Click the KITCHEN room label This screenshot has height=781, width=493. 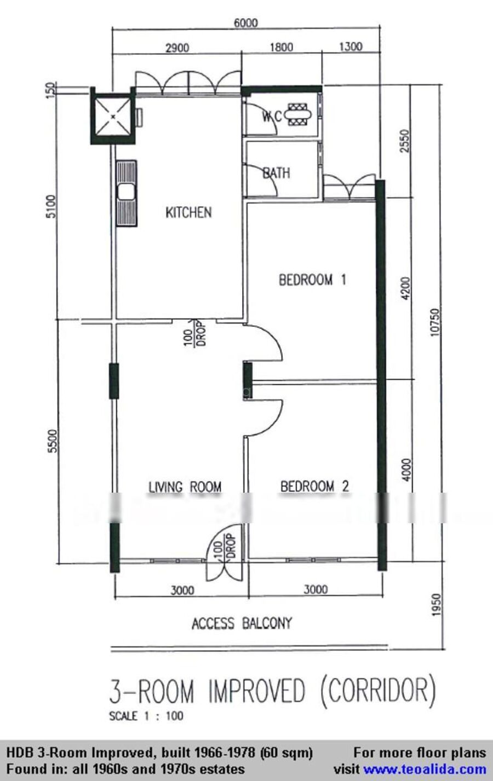point(188,212)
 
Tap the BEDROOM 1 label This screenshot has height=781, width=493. point(312,280)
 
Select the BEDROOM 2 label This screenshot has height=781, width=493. point(315,487)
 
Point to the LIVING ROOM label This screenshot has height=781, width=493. point(185,487)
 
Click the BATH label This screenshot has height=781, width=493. point(276,173)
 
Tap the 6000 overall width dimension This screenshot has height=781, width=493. point(245,23)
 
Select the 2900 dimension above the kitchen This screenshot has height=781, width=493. point(177,48)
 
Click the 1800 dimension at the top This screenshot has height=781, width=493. point(281,47)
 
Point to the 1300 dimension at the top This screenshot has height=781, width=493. point(351,47)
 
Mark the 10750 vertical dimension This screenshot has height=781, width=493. point(435,322)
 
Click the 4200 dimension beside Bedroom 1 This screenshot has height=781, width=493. point(406,288)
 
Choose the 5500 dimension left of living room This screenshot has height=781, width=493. point(53,441)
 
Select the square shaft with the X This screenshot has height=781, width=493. point(113,116)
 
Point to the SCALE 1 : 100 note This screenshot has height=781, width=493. point(146,716)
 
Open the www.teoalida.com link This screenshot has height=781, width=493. point(425,769)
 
